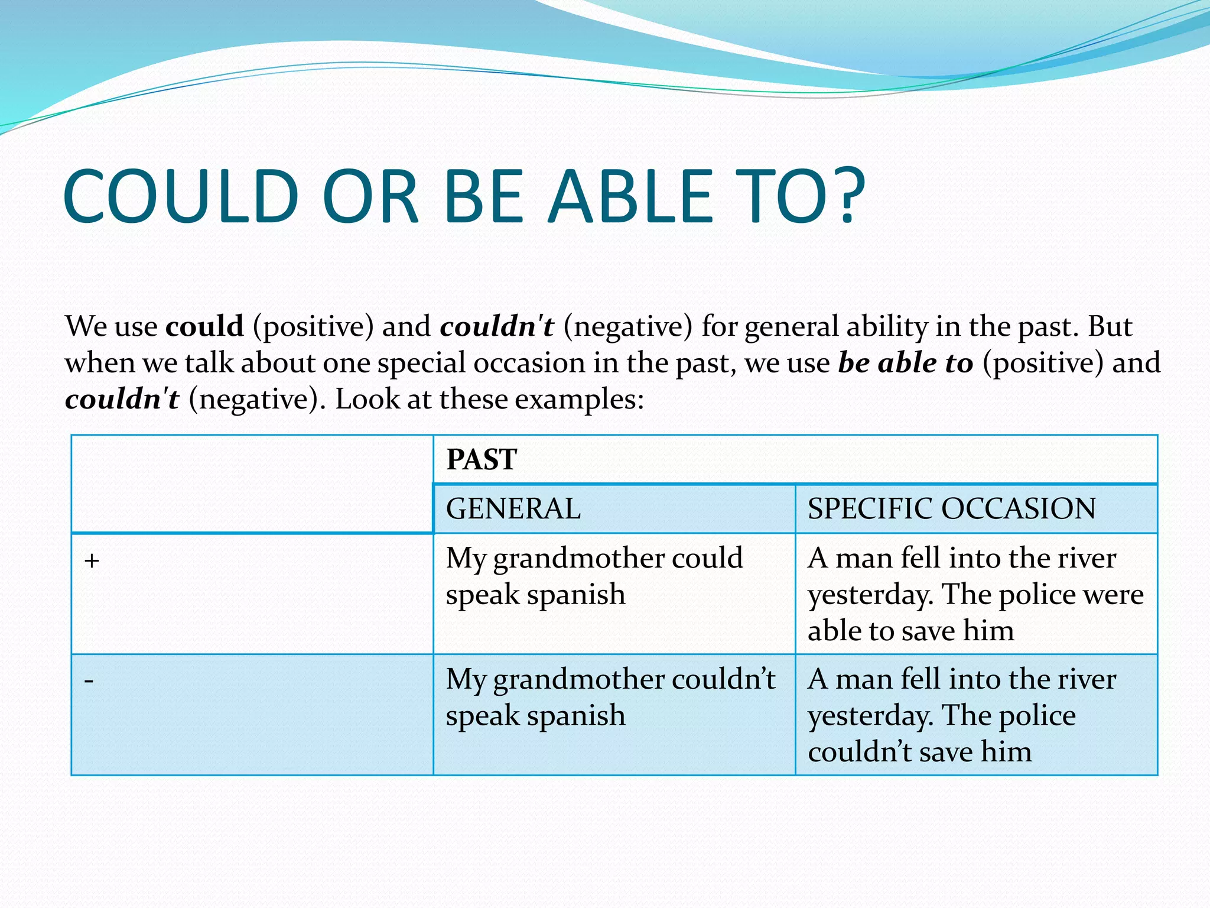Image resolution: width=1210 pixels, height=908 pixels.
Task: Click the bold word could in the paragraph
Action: pos(204,326)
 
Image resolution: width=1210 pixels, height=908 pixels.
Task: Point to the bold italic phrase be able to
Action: pos(905,363)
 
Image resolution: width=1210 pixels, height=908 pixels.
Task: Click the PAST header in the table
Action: pos(482,460)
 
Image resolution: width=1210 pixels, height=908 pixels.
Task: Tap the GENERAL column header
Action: pos(513,509)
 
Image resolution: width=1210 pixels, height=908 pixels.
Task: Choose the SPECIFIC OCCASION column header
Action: pos(951,509)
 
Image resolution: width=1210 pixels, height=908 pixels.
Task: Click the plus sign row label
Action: pos(92,560)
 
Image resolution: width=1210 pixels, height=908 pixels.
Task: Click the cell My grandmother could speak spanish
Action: pos(594,576)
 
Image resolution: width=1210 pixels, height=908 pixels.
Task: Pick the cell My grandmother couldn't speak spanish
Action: pos(609,698)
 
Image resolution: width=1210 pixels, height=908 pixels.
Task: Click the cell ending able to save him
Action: pos(975,594)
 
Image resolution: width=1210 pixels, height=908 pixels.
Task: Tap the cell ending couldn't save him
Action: pos(963,715)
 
